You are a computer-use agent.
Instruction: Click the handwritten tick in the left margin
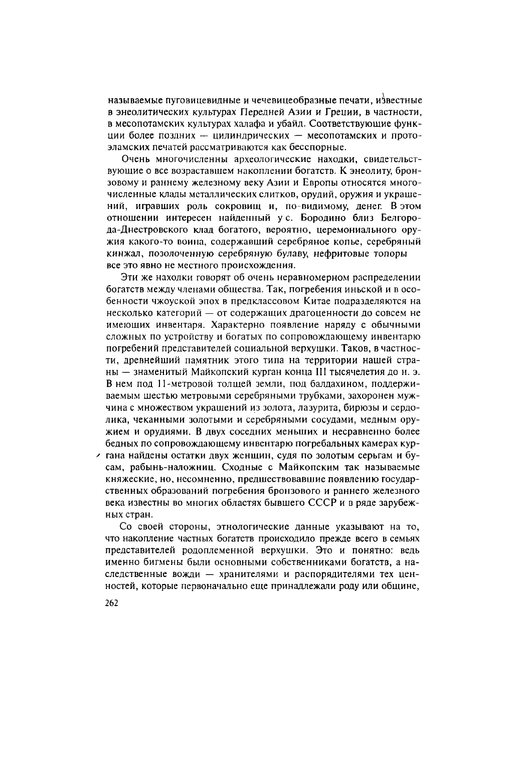(99, 455)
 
